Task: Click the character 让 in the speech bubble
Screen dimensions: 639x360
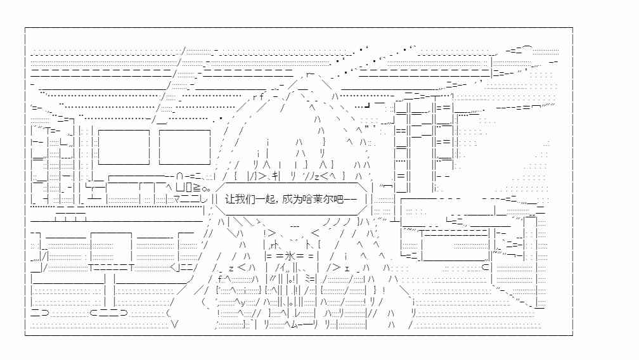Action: click(x=230, y=199)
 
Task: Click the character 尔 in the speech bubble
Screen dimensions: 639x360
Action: click(x=328, y=199)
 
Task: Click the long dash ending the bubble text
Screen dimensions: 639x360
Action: click(x=351, y=199)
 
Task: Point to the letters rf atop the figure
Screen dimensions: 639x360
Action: click(x=259, y=96)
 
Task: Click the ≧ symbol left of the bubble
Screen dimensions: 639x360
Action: click(x=197, y=188)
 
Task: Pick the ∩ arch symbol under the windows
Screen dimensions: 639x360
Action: click(x=180, y=176)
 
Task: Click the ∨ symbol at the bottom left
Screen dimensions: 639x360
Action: click(x=175, y=325)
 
